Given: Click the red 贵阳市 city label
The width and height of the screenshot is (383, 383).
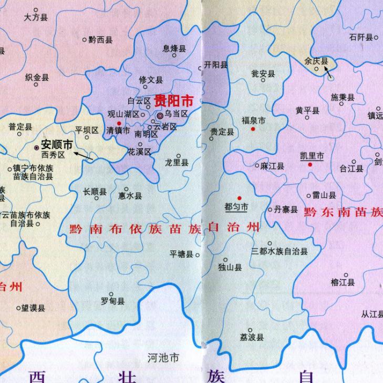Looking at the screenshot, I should (173, 100).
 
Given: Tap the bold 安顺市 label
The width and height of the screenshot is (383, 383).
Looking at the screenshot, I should (56, 144).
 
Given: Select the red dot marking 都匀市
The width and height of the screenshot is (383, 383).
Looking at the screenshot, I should (239, 198).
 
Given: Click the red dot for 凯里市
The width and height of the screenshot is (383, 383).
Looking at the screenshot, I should (310, 165).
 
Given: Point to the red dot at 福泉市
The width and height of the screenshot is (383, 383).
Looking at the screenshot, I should (253, 129).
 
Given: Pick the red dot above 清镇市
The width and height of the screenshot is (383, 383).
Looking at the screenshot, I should (119, 123).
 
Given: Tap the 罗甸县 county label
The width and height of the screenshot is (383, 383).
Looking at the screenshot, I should (112, 301).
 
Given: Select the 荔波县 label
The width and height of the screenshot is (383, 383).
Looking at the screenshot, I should (252, 337).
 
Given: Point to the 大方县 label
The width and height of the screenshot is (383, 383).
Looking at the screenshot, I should (36, 17).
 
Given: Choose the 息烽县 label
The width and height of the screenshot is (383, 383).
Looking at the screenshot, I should (174, 49).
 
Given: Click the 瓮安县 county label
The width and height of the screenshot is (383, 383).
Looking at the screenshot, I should (263, 74).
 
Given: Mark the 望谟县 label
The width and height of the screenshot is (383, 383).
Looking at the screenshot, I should (34, 308).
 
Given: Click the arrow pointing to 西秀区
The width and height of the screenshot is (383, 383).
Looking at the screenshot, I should (84, 156).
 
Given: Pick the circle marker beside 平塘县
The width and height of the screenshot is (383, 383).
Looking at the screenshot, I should (198, 255).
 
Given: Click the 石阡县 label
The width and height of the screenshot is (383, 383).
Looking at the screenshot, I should (361, 37).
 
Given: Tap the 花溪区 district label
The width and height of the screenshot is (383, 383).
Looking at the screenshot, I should (139, 151).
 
